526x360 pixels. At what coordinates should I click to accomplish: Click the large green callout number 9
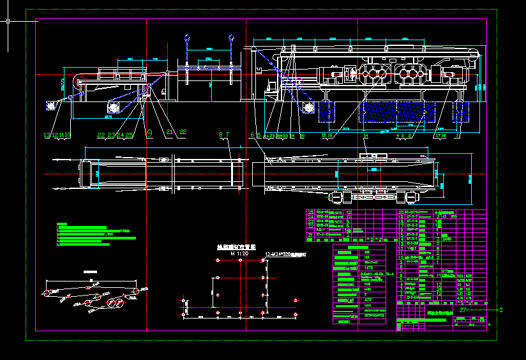[x=149, y=133]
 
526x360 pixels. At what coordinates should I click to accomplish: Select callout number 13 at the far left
[x=46, y=135]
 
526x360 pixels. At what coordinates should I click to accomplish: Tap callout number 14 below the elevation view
[x=366, y=135]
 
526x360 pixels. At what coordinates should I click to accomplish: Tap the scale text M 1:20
[x=239, y=253]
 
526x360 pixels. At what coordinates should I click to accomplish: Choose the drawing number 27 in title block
[x=462, y=310]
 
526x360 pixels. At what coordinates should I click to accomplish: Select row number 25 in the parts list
[x=311, y=212]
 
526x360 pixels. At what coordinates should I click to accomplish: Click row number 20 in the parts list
[x=401, y=212]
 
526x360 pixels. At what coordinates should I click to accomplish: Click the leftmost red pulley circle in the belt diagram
[x=47, y=293]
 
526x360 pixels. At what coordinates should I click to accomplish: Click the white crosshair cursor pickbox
[x=8, y=20]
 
